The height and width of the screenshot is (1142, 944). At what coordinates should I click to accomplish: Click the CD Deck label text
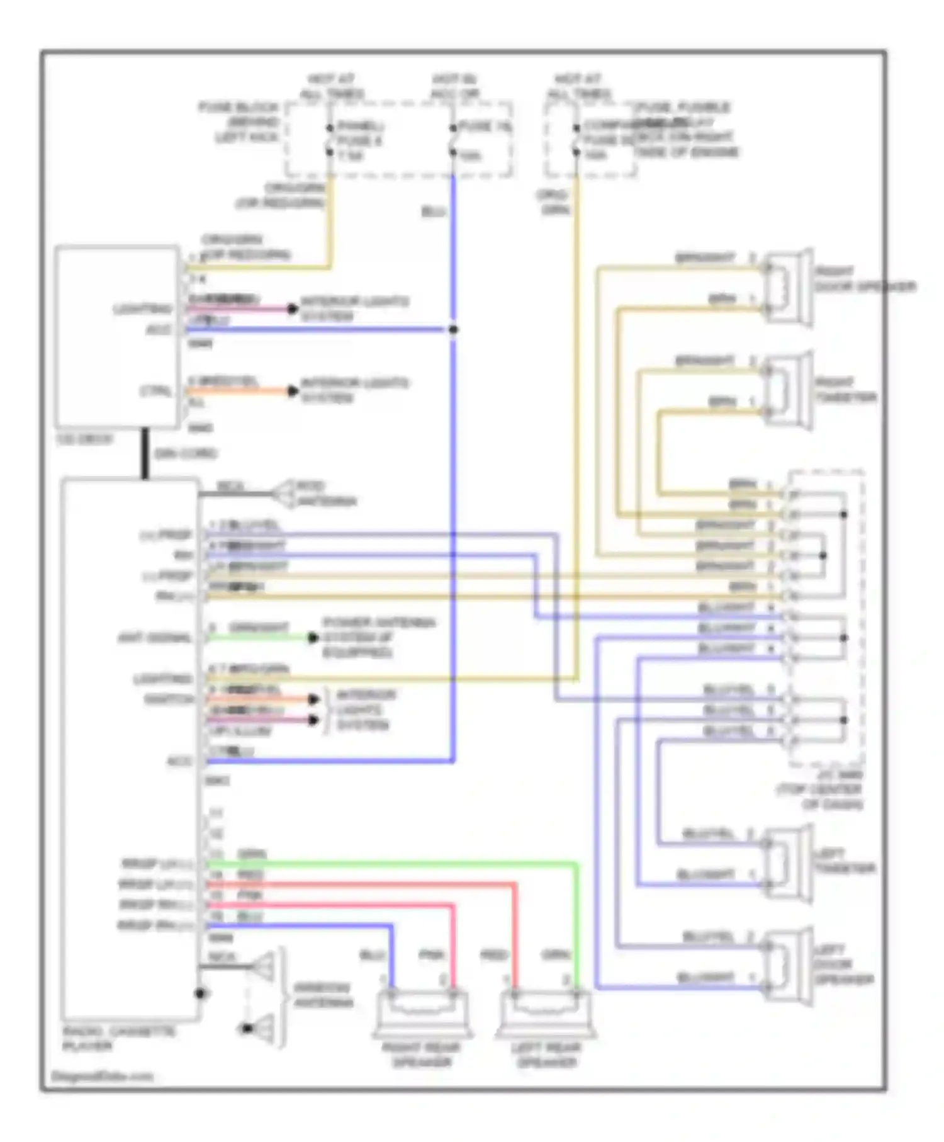tap(85, 439)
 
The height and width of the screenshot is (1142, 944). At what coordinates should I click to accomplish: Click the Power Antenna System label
tap(378, 637)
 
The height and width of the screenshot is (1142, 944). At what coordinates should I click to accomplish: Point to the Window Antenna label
tap(323, 995)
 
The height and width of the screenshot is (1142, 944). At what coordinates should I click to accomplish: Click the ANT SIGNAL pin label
tap(154, 638)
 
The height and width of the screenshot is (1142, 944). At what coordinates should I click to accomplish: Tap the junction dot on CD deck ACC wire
tap(453, 329)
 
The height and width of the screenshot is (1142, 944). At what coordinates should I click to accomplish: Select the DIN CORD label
tap(185, 453)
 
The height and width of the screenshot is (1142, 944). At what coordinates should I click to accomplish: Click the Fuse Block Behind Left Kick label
tap(239, 122)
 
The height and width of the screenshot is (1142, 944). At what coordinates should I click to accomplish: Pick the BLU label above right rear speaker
tap(372, 955)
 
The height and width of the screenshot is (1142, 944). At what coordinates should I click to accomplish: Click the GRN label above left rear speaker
tap(556, 955)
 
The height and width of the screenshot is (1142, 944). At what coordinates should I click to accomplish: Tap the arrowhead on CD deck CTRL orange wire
tap(293, 391)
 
